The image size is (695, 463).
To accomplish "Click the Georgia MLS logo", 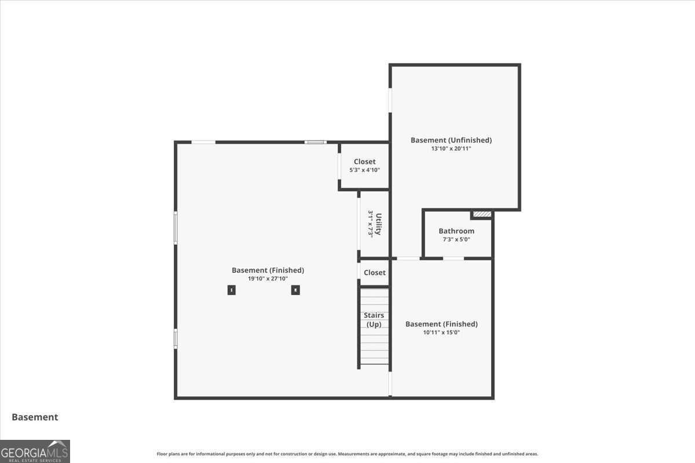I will pos(35,451).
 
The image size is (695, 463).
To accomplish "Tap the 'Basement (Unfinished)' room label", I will pos(451,140).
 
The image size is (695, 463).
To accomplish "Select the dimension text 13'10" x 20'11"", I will pos(451,149).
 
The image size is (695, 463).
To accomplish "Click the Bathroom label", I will pos(456,231).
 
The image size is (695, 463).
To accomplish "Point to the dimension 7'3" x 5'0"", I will pos(456,239).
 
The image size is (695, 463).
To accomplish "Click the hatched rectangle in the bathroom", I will pos(482,214).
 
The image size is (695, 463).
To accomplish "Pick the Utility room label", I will pos(379,224).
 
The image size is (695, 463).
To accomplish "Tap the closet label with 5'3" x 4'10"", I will pos(364,162).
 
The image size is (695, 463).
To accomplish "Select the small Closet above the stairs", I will pos(374,273).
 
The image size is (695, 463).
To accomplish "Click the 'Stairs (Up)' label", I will pos(374,319).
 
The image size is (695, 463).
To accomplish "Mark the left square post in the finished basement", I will pos(232,290).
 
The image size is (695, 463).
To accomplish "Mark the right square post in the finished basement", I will pos(295,290).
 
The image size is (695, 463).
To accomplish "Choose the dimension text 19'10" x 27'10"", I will pos(268,278).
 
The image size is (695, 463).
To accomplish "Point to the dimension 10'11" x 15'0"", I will pos(441,332).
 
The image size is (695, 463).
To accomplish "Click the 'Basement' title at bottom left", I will pos(35,417).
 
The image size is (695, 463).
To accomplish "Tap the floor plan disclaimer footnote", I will pos(348,454).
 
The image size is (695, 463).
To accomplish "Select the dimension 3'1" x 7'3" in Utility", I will pos(370,224).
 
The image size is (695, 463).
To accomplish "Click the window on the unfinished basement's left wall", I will pos(390,100).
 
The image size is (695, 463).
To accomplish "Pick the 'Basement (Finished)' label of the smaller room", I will pos(441,324).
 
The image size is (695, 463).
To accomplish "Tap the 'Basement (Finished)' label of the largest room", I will pos(268,270).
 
